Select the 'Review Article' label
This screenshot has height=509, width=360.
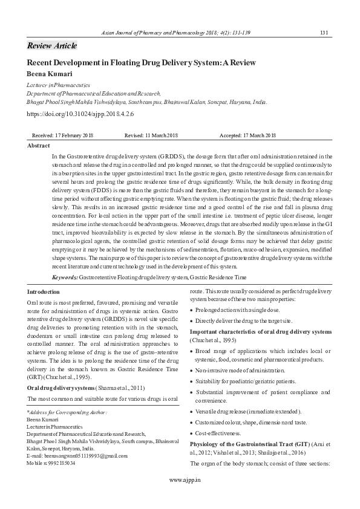(x=52, y=46)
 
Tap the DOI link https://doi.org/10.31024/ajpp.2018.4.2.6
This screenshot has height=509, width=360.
(x=80, y=113)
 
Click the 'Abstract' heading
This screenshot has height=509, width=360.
(x=39, y=146)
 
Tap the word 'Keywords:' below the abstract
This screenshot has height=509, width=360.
(x=65, y=276)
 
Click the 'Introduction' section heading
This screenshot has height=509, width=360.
(x=44, y=291)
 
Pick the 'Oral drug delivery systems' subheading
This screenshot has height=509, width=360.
(x=61, y=387)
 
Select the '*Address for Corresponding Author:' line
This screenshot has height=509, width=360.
(x=67, y=412)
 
